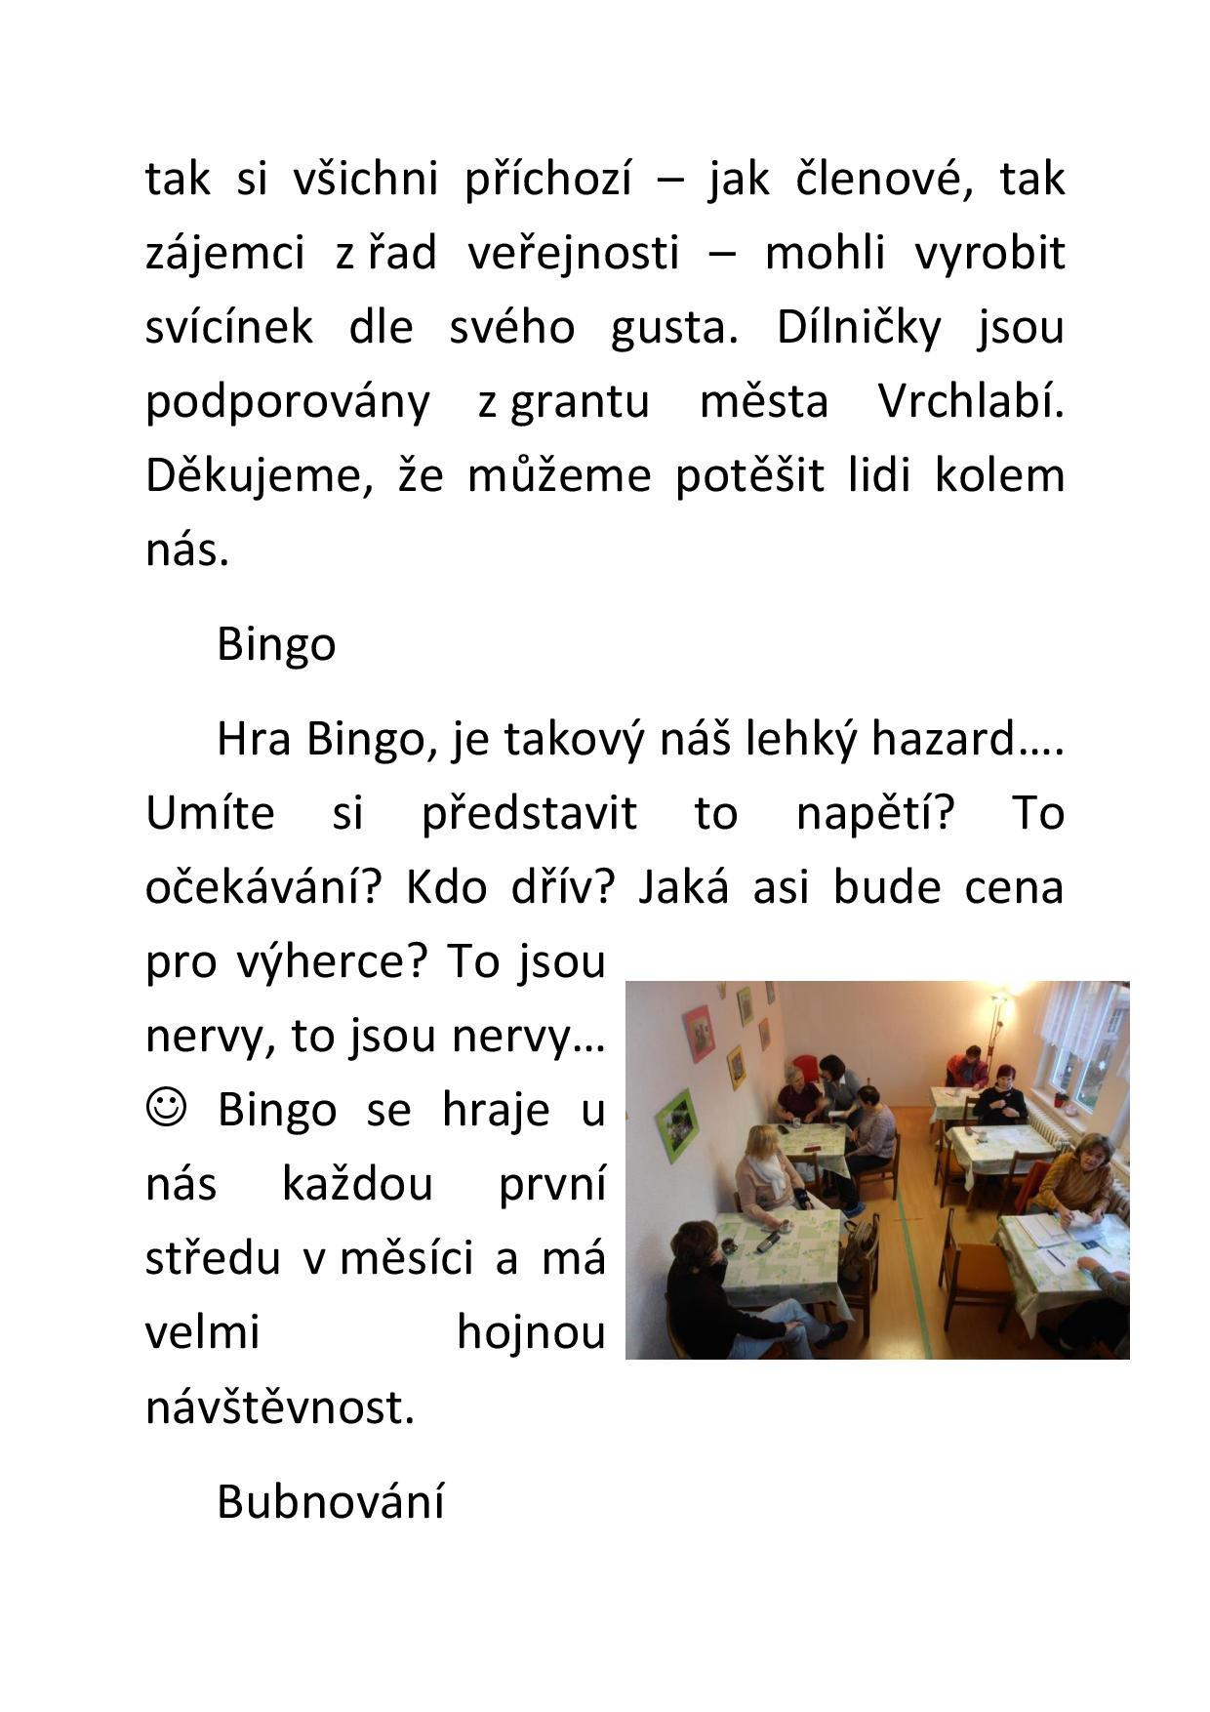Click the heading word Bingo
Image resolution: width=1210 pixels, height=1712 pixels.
click(x=276, y=644)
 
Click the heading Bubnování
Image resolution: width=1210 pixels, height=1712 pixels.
click(x=330, y=1501)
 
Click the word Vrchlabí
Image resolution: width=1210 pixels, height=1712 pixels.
click(x=970, y=401)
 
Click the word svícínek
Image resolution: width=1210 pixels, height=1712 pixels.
click(x=229, y=327)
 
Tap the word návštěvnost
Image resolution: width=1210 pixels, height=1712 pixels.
click(x=280, y=1407)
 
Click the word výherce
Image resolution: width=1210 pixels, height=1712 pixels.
click(x=332, y=961)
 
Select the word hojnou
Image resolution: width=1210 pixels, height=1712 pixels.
click(x=531, y=1332)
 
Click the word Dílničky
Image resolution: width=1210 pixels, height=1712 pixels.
click(x=858, y=327)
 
